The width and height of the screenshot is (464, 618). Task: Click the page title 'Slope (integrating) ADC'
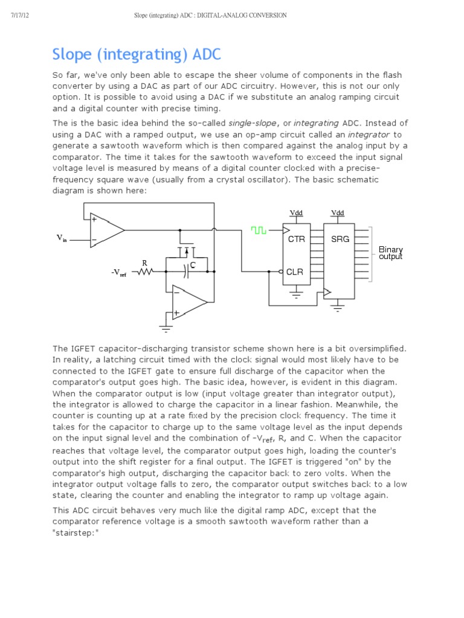(x=137, y=55)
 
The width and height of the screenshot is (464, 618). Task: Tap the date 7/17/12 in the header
(x=20, y=15)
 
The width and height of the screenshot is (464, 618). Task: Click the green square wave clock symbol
(x=259, y=230)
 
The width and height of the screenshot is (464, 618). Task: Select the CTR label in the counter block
(x=296, y=239)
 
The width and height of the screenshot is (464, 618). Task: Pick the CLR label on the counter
(x=295, y=272)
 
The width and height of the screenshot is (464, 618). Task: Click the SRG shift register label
(x=340, y=239)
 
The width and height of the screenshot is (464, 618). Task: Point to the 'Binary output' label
(x=390, y=253)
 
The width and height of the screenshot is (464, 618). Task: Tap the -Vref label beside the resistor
(x=118, y=273)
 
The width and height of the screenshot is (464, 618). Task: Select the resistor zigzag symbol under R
(x=144, y=272)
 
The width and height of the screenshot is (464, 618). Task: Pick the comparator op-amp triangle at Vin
(x=106, y=229)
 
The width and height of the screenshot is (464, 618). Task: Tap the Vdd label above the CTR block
(x=296, y=212)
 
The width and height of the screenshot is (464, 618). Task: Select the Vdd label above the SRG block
(x=338, y=212)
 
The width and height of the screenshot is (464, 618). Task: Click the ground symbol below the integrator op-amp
(x=165, y=330)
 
